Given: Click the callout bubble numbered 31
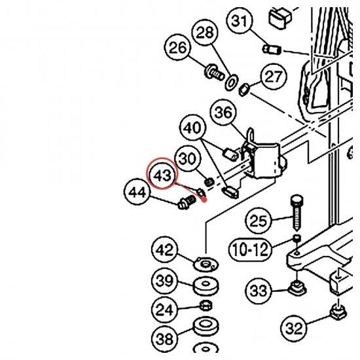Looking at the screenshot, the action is coord(240,20).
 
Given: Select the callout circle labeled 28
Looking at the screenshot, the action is coord(205,32).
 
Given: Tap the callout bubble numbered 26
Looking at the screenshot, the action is coord(177,47).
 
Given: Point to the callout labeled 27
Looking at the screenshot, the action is coord(274,76).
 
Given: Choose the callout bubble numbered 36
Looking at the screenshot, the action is coord(223,113).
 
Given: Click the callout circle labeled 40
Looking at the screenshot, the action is coord(193,128).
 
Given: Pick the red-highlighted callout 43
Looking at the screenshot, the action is coord(162,173).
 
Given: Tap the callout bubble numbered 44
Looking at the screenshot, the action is coord(137,192).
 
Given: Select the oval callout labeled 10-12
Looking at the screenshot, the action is coord(249,249).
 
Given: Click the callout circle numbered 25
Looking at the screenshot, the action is coord(258,221).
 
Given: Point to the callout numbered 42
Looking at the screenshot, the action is coord(164,249).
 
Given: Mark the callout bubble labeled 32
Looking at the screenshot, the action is coord(294,328).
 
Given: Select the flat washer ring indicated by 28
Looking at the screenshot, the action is coord(232,82).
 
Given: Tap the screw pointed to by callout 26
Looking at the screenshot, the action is coord(214,72).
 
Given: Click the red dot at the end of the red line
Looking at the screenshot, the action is coord(204,200).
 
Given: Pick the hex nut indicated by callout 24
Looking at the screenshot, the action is coord(206,306).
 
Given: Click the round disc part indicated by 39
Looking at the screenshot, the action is coord(206,286).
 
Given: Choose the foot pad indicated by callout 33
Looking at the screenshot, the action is coord(297,288).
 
